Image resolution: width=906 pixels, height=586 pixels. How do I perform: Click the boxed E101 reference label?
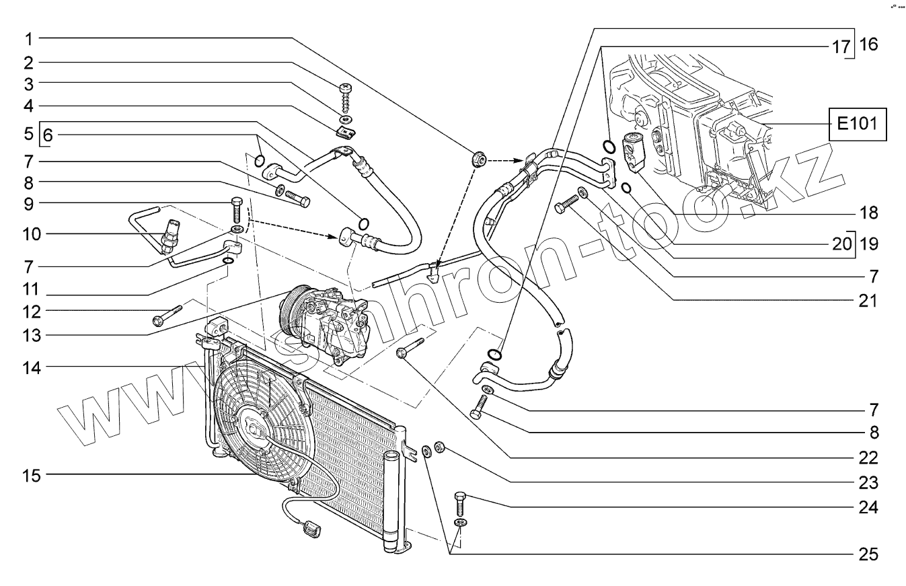(x=857, y=124)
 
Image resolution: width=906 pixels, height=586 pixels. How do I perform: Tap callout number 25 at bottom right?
(x=868, y=554)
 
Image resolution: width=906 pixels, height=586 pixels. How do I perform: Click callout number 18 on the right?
(x=868, y=214)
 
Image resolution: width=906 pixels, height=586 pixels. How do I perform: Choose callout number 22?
(x=868, y=458)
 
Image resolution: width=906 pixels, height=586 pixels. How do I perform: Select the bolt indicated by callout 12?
(x=167, y=315)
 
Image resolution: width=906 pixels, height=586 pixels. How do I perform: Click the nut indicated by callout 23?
(x=439, y=446)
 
